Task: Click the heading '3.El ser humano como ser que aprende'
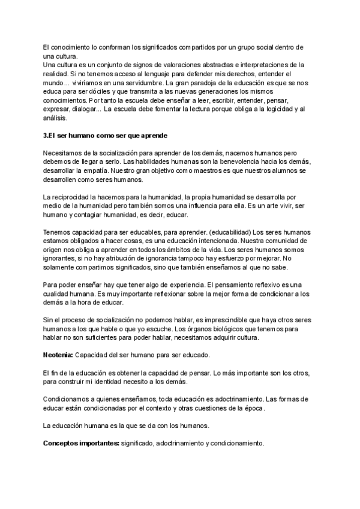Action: pos(105,136)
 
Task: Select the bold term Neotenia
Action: pos(58,355)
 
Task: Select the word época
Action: pos(250,408)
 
